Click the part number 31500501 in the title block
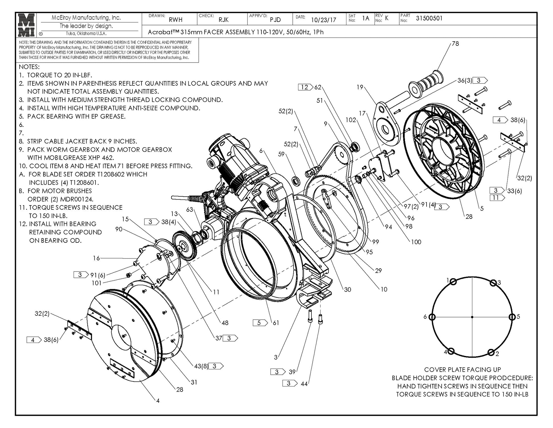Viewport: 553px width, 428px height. (x=429, y=18)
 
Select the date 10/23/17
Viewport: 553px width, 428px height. (x=323, y=20)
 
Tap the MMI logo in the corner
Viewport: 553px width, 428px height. (x=26, y=25)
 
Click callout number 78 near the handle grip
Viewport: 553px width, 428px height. (x=455, y=44)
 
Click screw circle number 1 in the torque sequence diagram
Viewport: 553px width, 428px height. (x=453, y=282)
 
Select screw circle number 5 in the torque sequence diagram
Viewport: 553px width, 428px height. (x=512, y=317)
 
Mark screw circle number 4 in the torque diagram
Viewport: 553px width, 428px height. (x=451, y=351)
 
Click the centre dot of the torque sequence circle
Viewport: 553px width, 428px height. (x=472, y=317)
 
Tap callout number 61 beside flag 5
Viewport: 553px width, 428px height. (x=276, y=323)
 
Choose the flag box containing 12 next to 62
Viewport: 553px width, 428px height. (x=305, y=87)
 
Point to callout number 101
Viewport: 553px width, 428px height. (x=97, y=283)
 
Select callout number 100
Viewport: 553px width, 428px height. (x=416, y=242)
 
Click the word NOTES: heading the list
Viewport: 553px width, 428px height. (x=29, y=67)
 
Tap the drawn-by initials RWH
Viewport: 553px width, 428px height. (x=176, y=20)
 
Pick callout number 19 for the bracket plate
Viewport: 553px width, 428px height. (x=360, y=87)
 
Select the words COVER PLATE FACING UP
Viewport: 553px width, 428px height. (x=462, y=370)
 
